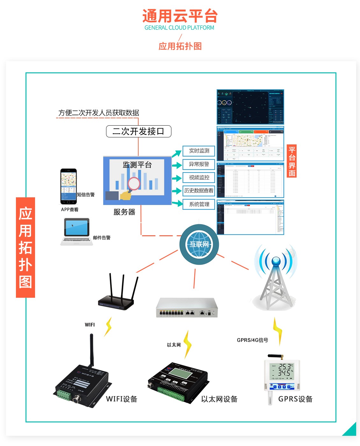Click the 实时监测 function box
[199, 151]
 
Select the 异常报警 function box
[199, 164]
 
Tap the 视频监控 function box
[199, 178]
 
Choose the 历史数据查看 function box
[199, 191]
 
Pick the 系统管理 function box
[199, 204]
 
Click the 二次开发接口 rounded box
[139, 131]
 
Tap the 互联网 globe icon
[199, 245]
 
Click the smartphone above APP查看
[68, 186]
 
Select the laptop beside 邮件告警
[76, 231]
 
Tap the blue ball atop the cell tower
[276, 261]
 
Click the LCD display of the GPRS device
[281, 371]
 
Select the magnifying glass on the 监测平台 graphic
[134, 183]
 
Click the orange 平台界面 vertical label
[292, 161]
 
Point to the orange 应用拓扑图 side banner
[25, 247]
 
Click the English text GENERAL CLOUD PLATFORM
[179, 28]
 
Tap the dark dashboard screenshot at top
[250, 107]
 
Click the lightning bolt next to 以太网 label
[187, 344]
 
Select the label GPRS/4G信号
[252, 340]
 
